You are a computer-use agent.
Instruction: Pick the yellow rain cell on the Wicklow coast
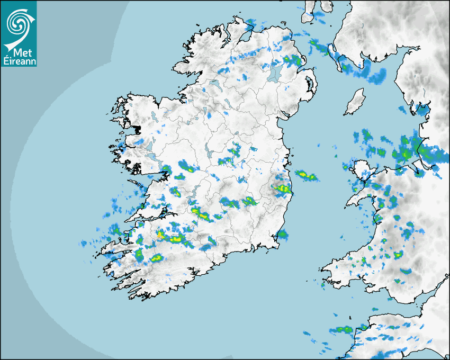(x=283, y=188)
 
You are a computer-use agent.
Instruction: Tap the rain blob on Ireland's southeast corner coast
(x=282, y=234)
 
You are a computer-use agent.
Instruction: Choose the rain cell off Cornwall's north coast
(x=341, y=329)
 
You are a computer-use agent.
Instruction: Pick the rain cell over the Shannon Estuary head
(x=175, y=192)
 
